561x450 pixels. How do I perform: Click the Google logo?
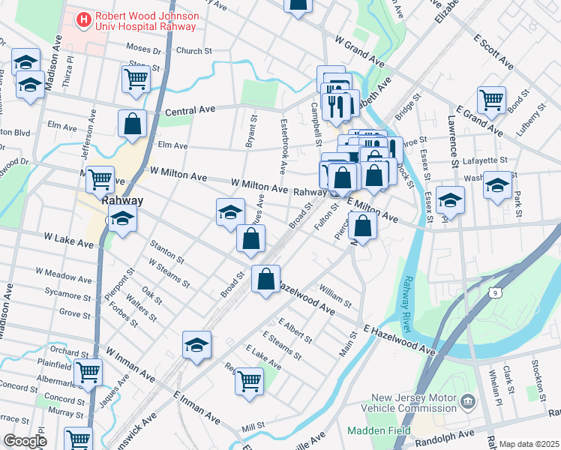(25, 441)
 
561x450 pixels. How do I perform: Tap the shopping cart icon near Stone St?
(135, 77)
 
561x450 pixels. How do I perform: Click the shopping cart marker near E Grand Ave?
(491, 98)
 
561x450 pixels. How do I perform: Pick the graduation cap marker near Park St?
(497, 184)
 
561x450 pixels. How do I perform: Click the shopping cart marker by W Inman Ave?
(88, 370)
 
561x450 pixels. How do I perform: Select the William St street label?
(335, 295)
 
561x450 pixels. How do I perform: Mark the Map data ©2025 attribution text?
(529, 444)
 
